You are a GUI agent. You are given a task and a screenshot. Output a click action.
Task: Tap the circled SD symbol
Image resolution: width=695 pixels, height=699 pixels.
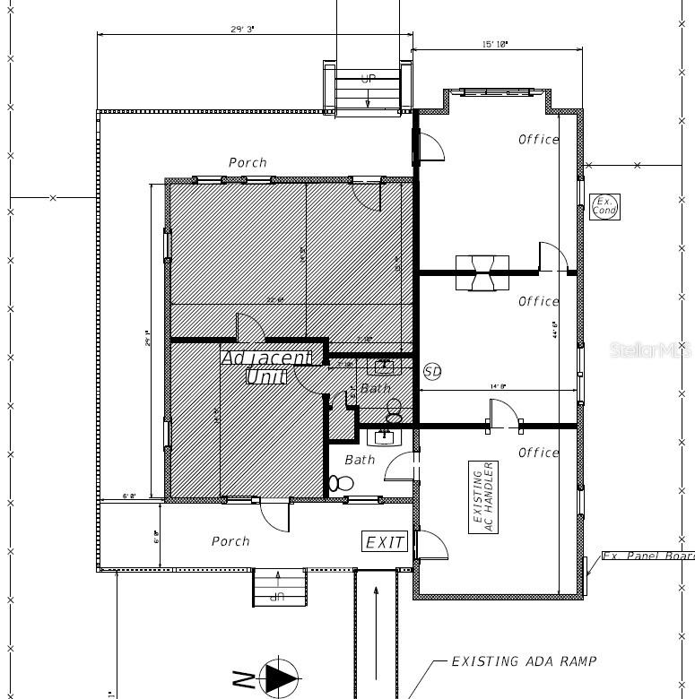(432, 371)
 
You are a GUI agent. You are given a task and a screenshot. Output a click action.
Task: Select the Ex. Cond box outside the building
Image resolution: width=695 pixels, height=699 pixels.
(604, 206)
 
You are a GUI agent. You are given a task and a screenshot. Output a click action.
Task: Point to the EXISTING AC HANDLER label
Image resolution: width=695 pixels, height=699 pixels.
(483, 497)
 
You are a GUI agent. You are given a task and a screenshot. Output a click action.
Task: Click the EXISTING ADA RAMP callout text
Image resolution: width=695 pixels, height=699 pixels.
(523, 661)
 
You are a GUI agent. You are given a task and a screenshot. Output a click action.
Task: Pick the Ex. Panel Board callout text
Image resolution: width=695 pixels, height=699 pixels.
(647, 556)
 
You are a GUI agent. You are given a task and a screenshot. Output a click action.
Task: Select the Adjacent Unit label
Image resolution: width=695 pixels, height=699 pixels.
(266, 367)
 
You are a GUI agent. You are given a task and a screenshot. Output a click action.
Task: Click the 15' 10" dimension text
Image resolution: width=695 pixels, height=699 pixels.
(495, 44)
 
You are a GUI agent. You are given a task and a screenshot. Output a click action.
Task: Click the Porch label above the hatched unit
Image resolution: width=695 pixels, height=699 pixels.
(248, 162)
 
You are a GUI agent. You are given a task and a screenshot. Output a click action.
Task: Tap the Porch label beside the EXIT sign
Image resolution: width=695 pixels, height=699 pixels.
(230, 541)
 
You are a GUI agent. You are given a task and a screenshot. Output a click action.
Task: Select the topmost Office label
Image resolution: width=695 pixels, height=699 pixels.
(539, 139)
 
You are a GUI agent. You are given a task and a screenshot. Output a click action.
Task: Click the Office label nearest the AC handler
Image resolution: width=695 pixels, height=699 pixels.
(539, 453)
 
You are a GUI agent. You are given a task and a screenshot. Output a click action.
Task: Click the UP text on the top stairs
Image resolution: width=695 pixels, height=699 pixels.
(369, 79)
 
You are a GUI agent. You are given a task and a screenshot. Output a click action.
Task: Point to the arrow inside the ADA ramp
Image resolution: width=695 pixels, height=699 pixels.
(376, 627)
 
